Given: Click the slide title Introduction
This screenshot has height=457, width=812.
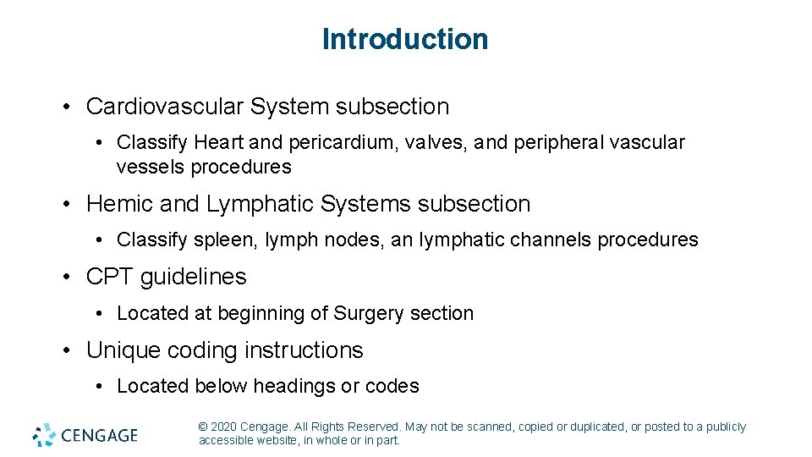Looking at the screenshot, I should point(405,39).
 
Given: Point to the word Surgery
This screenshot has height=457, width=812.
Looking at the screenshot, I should point(369,313).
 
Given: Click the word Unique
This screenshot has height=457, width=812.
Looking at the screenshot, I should point(123,350).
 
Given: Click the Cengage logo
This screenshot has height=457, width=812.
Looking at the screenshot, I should point(85,435).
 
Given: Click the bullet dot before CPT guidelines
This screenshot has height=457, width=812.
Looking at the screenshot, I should point(68,278).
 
